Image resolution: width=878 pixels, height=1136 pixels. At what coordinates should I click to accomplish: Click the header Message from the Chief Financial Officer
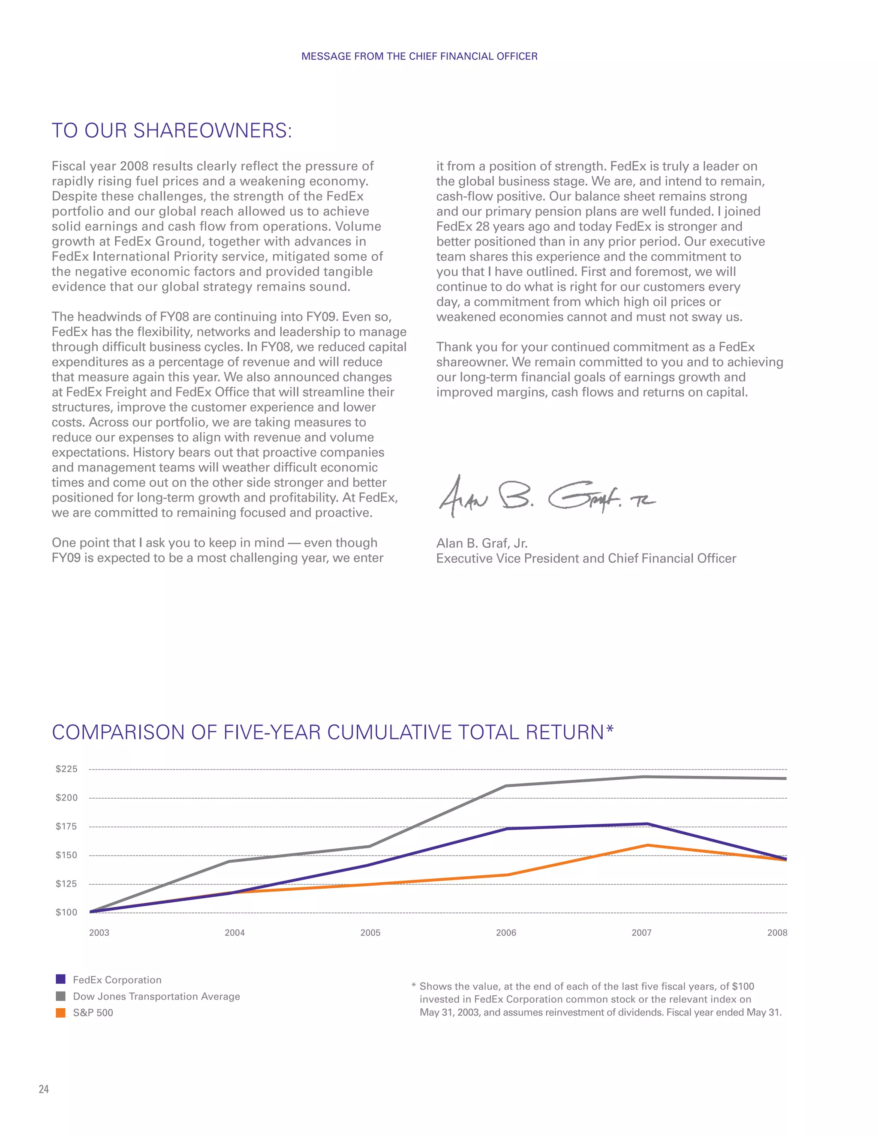pyautogui.click(x=419, y=56)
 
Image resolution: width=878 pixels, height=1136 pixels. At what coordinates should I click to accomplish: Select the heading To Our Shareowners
pyautogui.click(x=171, y=131)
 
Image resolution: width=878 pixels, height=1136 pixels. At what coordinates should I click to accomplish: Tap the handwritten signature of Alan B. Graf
pyautogui.click(x=546, y=497)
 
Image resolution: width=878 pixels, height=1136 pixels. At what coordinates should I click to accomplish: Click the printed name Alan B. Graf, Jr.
pyautogui.click(x=481, y=543)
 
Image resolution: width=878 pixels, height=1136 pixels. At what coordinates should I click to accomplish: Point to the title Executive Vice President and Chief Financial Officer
pyautogui.click(x=586, y=558)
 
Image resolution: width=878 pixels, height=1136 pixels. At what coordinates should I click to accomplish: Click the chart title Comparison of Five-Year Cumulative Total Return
pyautogui.click(x=332, y=732)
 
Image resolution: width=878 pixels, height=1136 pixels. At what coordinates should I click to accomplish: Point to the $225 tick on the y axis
pyautogui.click(x=66, y=769)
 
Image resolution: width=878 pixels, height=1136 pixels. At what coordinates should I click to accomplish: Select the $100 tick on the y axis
pyautogui.click(x=66, y=912)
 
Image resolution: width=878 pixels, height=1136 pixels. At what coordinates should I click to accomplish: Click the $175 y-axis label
pyautogui.click(x=66, y=826)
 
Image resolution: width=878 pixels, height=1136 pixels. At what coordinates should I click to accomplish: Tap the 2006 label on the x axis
pyautogui.click(x=505, y=933)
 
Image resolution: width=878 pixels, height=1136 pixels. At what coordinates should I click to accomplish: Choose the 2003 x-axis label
pyautogui.click(x=99, y=933)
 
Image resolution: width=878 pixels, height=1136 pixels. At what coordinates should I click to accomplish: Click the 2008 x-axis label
pyautogui.click(x=777, y=933)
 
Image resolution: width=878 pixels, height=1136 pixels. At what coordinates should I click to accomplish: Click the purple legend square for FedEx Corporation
pyautogui.click(x=61, y=980)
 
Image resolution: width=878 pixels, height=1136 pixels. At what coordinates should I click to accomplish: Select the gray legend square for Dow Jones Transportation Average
pyautogui.click(x=61, y=996)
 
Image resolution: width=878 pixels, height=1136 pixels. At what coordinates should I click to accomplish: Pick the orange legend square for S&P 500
pyautogui.click(x=61, y=1013)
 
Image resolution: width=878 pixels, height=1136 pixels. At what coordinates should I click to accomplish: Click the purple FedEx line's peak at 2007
pyautogui.click(x=647, y=824)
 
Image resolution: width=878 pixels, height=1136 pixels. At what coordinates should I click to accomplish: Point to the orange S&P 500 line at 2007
pyautogui.click(x=647, y=845)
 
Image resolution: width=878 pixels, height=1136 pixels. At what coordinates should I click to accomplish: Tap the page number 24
pyautogui.click(x=44, y=1089)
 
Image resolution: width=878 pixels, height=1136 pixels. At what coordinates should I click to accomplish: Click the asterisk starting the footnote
pyautogui.click(x=414, y=986)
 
